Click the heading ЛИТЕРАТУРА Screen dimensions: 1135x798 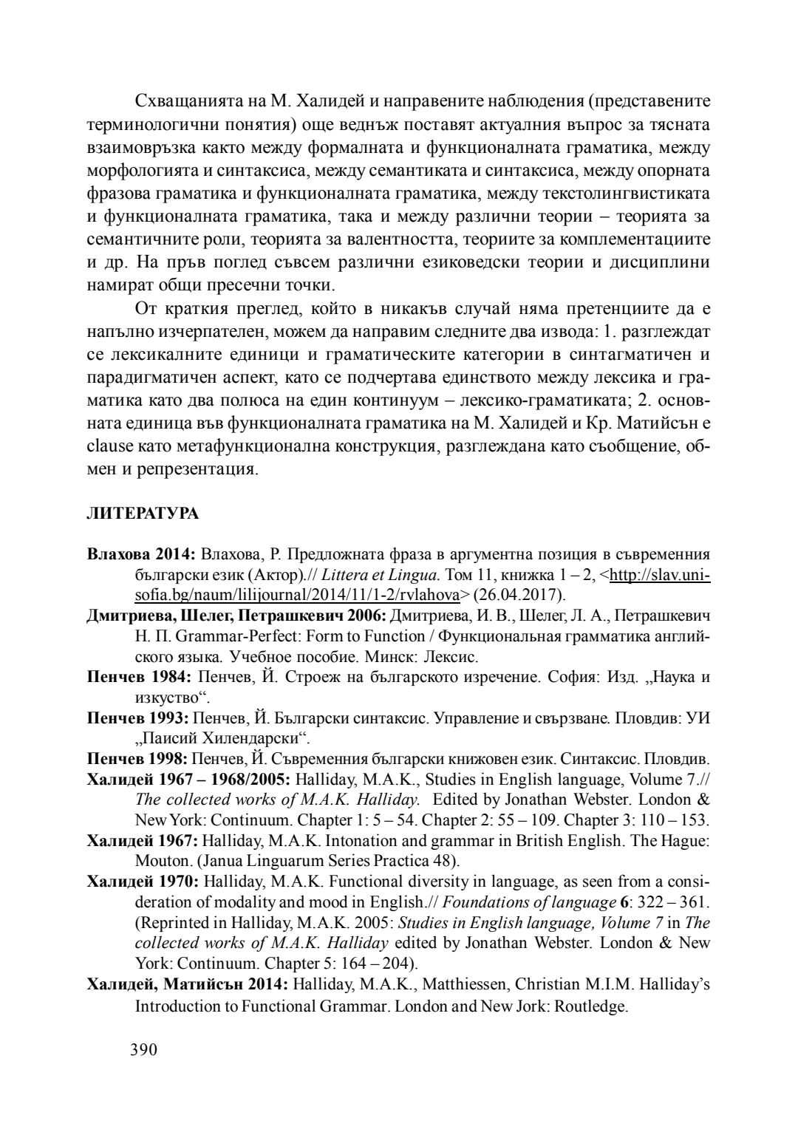click(143, 514)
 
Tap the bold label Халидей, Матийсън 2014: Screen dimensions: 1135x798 click(188, 985)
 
